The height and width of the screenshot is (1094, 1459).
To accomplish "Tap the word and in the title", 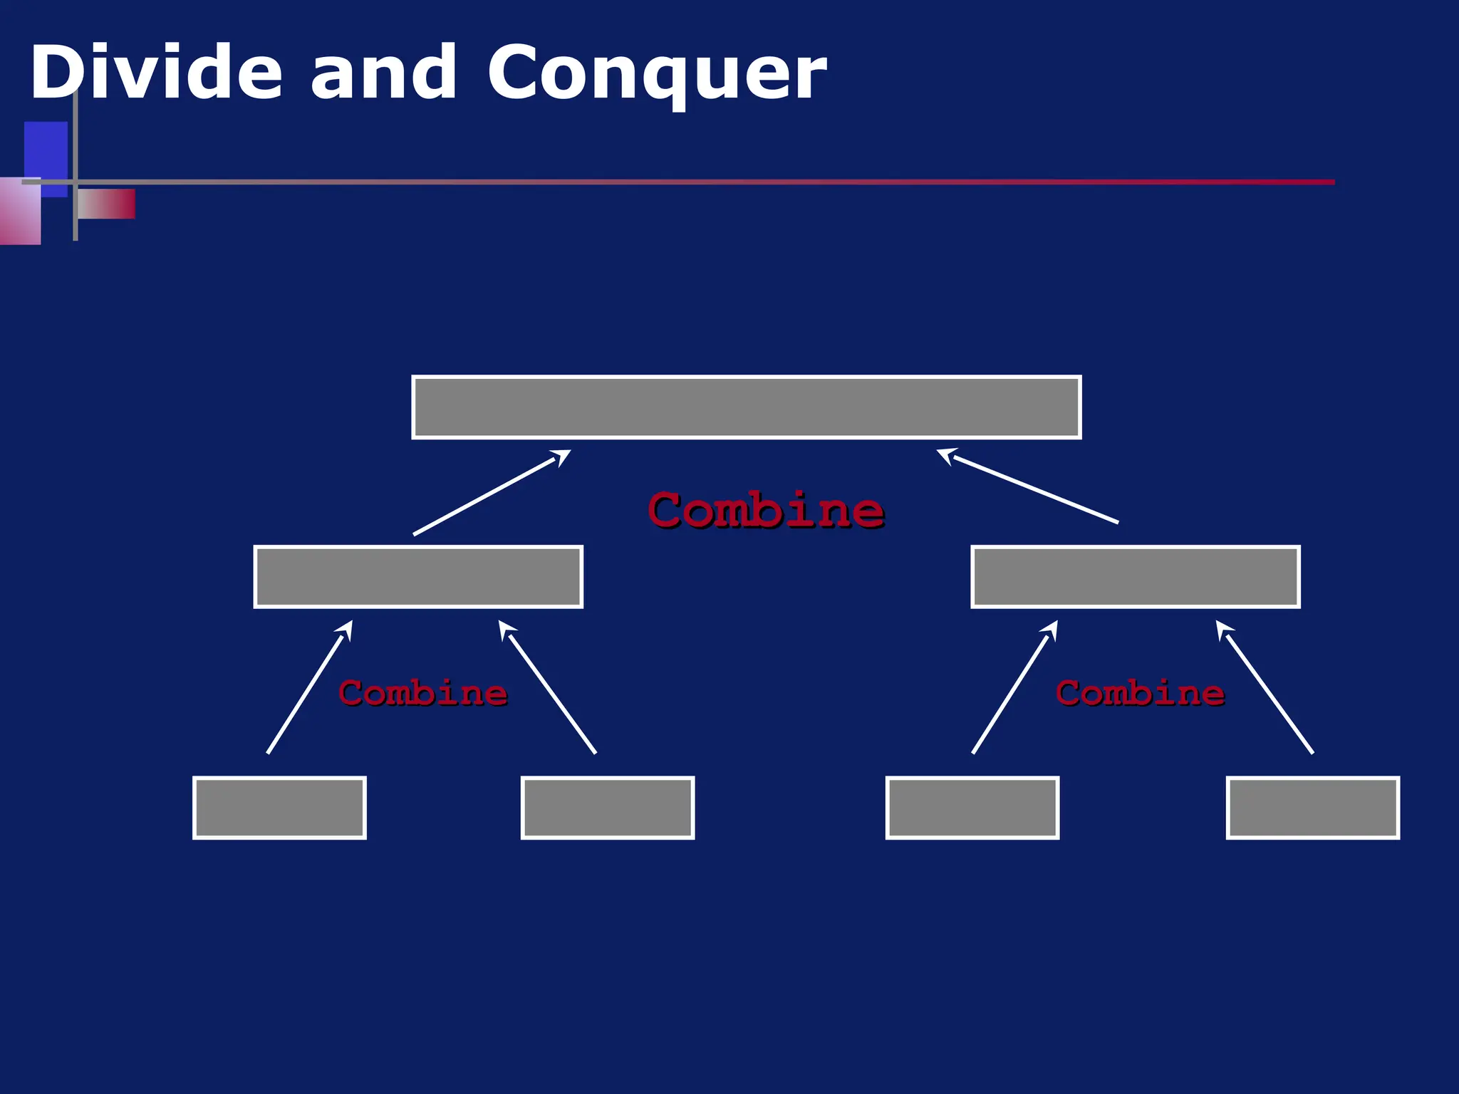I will tap(383, 73).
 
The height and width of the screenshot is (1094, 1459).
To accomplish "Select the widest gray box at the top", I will tap(746, 407).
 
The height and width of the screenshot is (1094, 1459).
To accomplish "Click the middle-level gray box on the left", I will tap(418, 576).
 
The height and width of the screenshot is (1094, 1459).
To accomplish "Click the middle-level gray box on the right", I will tap(1135, 576).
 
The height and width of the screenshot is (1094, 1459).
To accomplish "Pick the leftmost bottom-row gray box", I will tap(279, 808).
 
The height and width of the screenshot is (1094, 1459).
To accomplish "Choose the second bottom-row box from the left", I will tap(607, 808).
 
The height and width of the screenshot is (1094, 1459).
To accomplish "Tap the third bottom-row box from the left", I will tap(972, 808).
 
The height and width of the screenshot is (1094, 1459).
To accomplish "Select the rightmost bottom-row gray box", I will tap(1312, 808).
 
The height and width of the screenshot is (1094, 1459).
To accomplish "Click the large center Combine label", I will tap(766, 510).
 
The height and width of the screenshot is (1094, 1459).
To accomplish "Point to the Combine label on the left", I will tap(422, 693).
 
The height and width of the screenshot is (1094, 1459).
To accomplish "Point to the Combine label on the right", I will tap(1140, 693).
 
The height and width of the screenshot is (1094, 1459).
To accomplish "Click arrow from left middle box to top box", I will tap(492, 492).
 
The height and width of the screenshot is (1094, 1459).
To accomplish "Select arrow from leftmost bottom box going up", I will tap(309, 687).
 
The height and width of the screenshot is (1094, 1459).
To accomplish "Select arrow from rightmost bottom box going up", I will tap(1268, 689).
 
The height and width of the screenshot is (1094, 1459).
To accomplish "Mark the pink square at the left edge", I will tap(20, 212).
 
